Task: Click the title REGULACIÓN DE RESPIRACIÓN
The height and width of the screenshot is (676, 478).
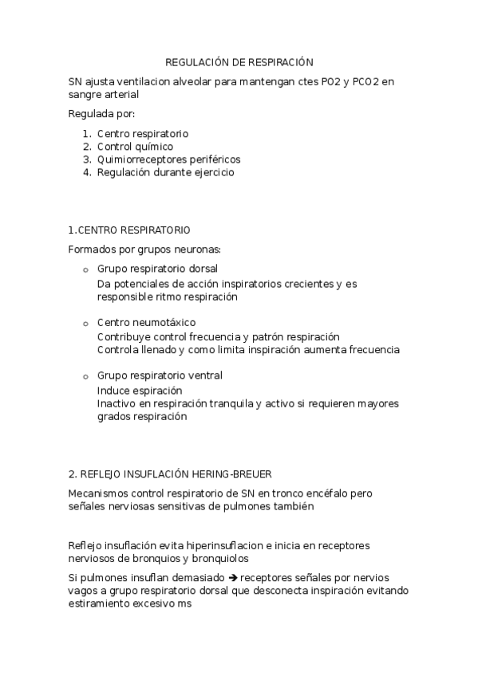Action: [239, 61]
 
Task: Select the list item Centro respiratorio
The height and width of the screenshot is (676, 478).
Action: [143, 134]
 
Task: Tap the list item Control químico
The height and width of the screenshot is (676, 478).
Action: [135, 147]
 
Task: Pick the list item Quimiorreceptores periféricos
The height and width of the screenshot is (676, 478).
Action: [168, 159]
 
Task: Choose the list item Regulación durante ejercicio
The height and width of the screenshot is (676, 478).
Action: [165, 171]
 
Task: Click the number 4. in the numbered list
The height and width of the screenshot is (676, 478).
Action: [87, 171]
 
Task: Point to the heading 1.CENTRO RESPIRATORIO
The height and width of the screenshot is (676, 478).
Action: [129, 230]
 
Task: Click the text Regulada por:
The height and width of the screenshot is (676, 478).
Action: [102, 113]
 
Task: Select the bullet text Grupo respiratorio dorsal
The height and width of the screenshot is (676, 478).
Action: [157, 269]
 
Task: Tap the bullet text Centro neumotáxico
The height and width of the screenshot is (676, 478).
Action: [146, 322]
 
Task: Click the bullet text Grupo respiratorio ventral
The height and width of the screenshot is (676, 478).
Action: [160, 375]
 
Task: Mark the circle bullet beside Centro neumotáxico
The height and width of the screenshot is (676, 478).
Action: [85, 323]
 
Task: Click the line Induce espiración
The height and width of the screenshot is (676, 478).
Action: [140, 391]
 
